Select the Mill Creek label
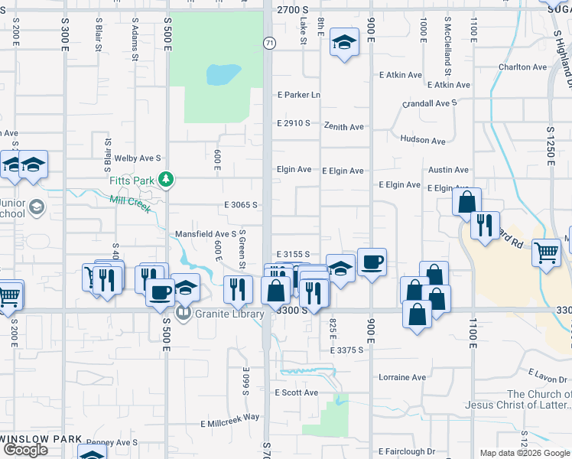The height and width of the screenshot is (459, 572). [130, 203]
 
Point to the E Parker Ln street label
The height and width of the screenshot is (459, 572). [297, 95]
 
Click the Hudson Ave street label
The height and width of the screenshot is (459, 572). [422, 140]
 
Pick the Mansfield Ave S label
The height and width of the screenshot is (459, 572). [206, 233]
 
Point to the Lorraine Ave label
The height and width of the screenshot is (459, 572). [402, 377]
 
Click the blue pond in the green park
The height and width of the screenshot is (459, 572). [223, 75]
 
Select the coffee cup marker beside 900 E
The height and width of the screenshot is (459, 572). [372, 262]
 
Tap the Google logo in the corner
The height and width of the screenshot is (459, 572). [25, 450]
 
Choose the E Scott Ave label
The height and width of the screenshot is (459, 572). [297, 392]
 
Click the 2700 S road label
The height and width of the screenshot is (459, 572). [291, 10]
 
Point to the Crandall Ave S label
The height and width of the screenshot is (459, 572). [430, 103]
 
